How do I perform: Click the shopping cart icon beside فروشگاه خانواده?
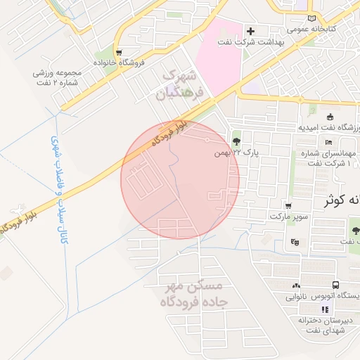coord(119,52)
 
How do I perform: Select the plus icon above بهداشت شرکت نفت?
coord(250,31)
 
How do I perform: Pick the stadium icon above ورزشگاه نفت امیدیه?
coord(330,117)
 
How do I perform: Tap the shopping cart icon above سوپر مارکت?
coord(289,206)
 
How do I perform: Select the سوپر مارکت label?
coord(291,217)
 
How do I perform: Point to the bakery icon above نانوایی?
coord(295,285)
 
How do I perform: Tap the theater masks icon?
coord(294,242)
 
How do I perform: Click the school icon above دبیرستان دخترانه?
coord(324,309)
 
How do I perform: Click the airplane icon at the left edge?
coord(15,210)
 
